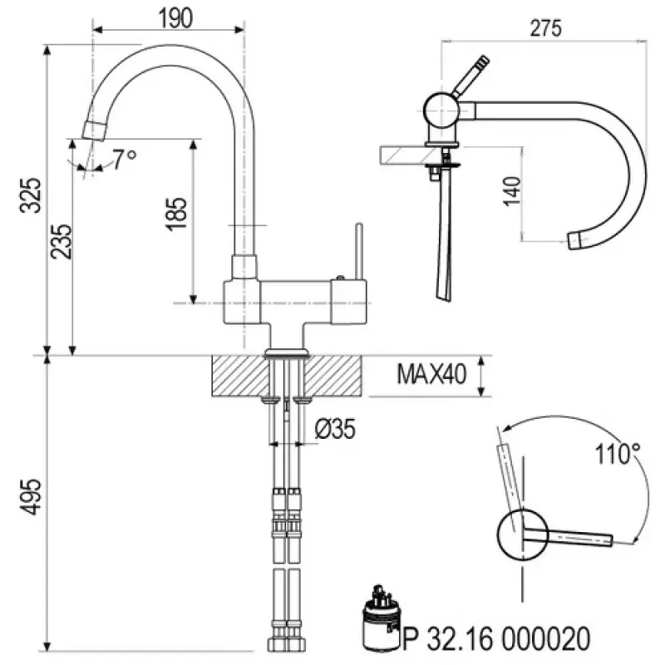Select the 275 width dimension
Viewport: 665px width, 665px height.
544,27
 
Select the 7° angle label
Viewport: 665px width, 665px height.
124,159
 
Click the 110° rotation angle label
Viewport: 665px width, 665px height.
617,455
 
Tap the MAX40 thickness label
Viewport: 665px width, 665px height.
429,375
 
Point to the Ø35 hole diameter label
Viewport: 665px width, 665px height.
336,429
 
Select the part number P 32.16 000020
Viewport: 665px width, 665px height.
496,638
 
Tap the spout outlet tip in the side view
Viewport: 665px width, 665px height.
96,129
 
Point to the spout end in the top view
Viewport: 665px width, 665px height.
575,240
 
